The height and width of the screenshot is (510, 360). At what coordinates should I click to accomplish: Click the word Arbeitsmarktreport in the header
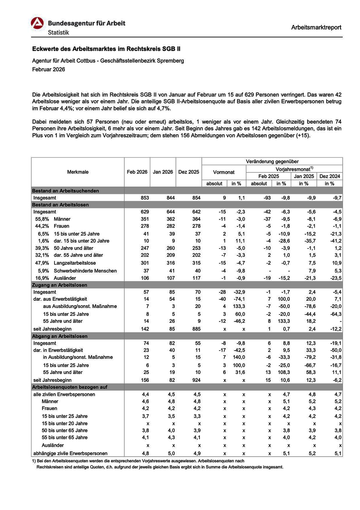point(316,27)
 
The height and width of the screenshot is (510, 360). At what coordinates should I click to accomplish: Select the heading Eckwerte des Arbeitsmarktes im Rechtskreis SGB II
point(106,49)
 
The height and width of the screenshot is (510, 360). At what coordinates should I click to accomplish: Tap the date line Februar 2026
point(49,70)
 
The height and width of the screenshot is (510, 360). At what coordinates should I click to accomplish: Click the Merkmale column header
point(78,172)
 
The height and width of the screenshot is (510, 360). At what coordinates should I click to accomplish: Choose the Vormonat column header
point(224,172)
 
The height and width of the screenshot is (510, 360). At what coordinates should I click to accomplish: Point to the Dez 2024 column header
point(329,176)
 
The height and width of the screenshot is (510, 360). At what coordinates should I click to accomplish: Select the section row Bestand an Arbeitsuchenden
point(65,191)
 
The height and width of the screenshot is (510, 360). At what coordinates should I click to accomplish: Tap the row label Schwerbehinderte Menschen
point(85,271)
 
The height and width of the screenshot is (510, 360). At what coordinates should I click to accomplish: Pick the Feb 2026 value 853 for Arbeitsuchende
point(145,198)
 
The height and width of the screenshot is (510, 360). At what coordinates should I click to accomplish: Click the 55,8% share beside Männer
point(42,219)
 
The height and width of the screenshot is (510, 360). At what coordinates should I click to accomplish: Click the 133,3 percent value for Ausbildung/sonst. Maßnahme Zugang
point(239,306)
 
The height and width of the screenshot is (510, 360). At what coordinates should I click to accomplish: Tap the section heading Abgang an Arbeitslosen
point(60,336)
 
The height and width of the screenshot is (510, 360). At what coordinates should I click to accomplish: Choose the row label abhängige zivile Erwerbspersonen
point(70,453)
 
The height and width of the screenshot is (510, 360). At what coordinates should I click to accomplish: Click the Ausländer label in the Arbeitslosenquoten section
point(53,445)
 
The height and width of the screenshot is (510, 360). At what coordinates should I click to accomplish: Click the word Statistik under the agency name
point(58,32)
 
